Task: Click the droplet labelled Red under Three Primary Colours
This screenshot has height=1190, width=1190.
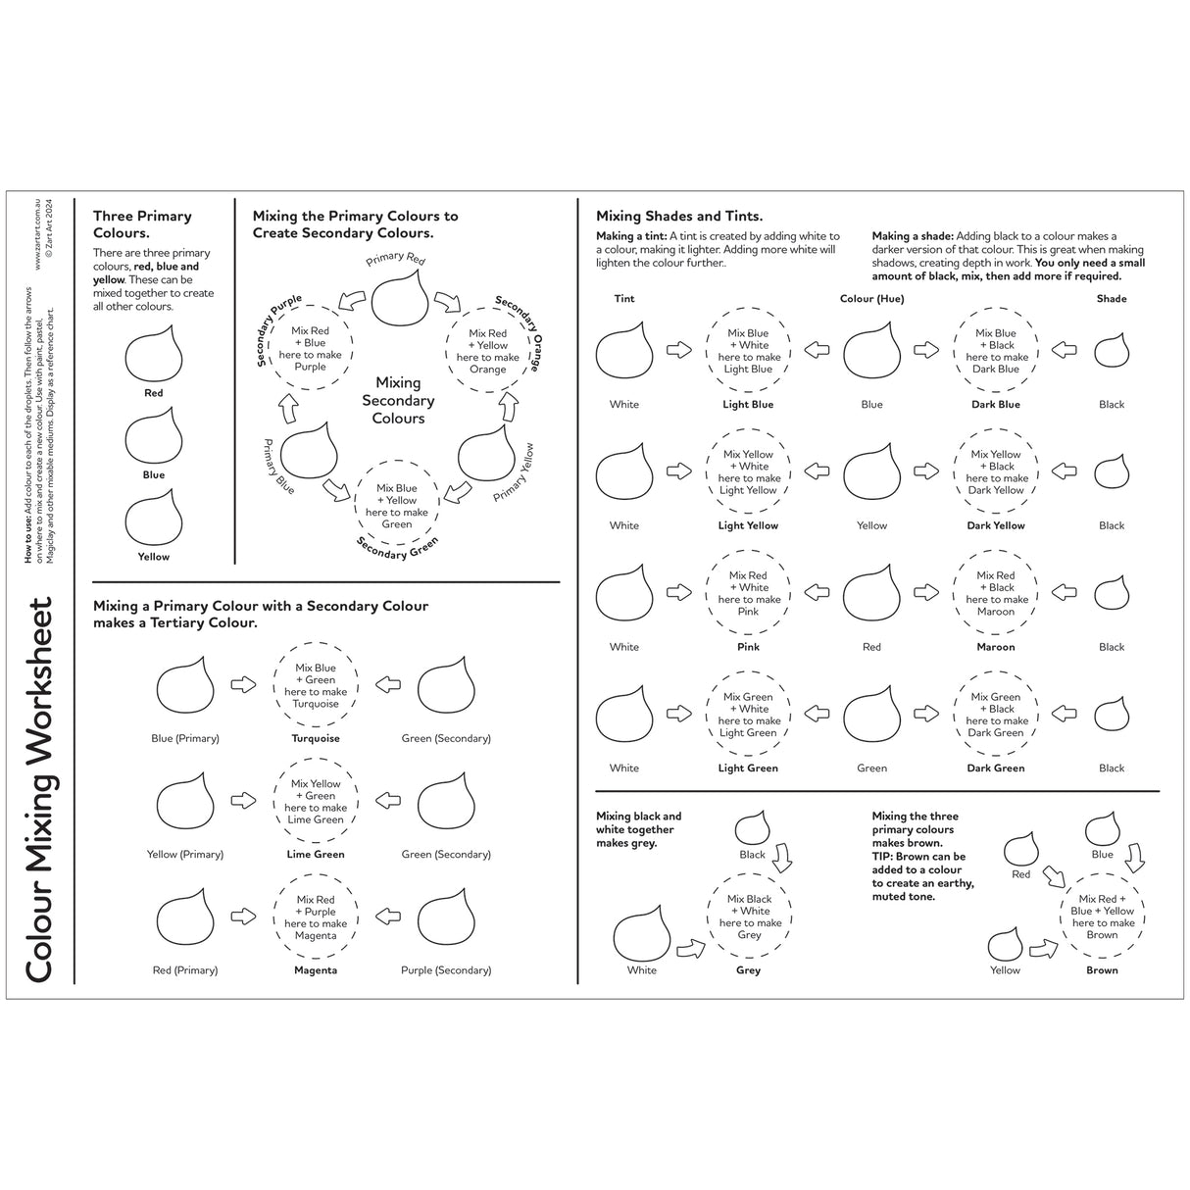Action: coord(154,356)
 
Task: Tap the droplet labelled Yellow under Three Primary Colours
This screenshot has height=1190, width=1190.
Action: coord(154,520)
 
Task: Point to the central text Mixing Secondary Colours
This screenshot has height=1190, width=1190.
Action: coord(398,401)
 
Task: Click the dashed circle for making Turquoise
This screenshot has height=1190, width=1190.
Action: coord(315,685)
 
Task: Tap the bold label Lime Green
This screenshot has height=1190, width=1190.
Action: coord(315,854)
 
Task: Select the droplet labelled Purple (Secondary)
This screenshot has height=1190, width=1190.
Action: coord(446,918)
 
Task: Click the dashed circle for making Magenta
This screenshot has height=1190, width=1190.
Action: coord(315,917)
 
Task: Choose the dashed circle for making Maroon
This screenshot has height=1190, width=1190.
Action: coord(996,593)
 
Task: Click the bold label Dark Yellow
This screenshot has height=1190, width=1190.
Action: coord(995,525)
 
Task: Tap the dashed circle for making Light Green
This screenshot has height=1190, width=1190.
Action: coord(748,715)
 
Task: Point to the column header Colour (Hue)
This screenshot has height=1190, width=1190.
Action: coord(871,299)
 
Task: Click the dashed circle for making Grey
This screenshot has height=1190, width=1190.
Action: coord(749,917)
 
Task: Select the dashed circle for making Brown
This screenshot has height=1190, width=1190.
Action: coord(1102,917)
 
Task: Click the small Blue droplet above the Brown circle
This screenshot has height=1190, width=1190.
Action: coord(1102,828)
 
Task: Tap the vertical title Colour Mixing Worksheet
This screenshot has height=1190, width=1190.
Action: coord(39,790)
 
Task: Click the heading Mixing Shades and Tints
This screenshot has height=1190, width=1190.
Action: coord(679,217)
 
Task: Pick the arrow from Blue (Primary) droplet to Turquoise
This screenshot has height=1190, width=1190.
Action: coord(243,685)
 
